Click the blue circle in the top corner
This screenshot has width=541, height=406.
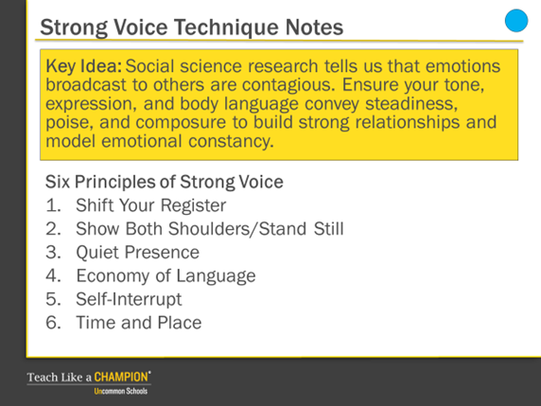click(x=516, y=21)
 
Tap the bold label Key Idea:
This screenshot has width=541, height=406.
click(x=84, y=66)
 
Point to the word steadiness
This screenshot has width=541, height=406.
click(x=411, y=103)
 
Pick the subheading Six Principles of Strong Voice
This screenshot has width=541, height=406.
click(x=165, y=182)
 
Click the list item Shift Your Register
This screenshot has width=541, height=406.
click(x=151, y=205)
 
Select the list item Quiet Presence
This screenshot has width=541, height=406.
click(x=138, y=252)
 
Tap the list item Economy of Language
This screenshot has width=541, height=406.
click(x=166, y=275)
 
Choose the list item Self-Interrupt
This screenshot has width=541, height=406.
click(x=129, y=299)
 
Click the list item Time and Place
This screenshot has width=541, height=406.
click(x=139, y=323)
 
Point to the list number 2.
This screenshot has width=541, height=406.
click(x=53, y=229)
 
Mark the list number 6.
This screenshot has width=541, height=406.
click(x=53, y=323)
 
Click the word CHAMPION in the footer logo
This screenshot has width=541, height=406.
click(x=121, y=377)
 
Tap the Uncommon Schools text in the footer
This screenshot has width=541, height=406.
click(x=121, y=391)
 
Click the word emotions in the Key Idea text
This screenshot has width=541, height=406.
click(x=462, y=66)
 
